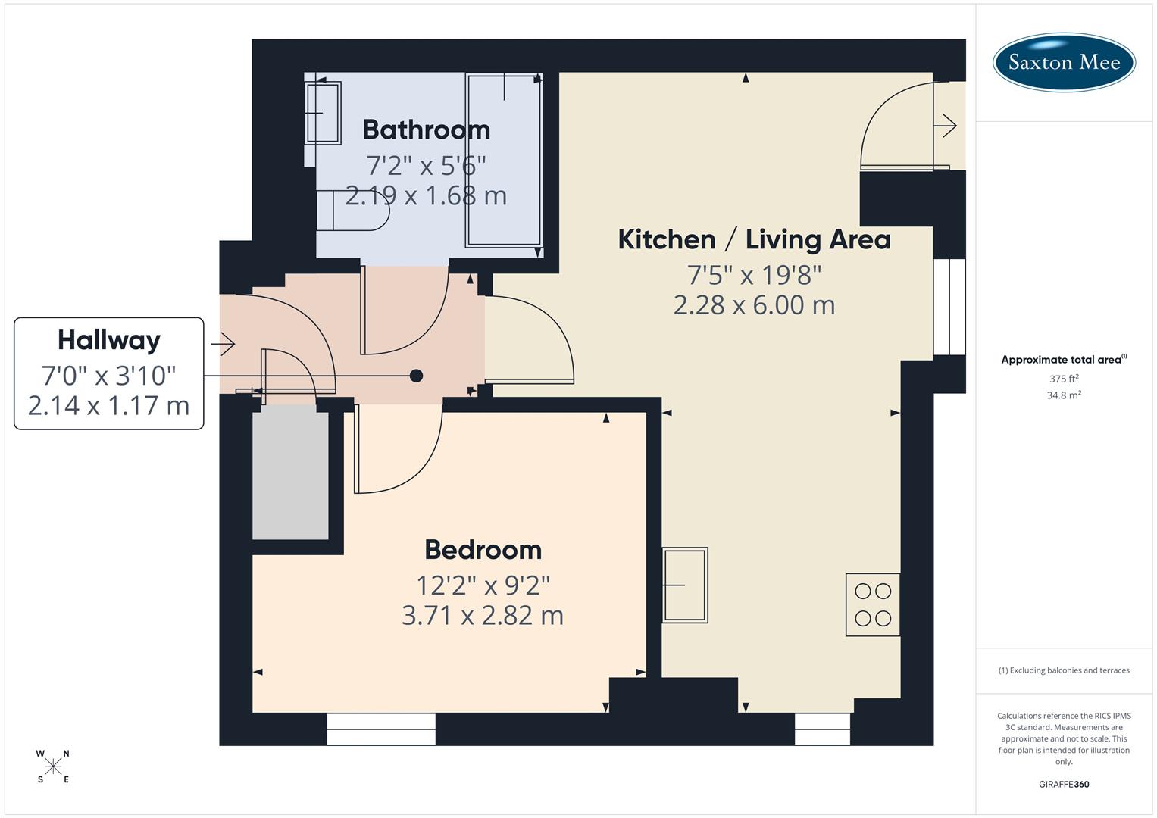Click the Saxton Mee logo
click(1064, 62)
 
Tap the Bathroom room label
click(426, 130)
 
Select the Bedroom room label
click(483, 549)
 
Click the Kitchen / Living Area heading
click(754, 239)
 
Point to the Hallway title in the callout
click(109, 340)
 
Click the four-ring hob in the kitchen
click(873, 604)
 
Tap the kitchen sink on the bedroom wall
click(685, 585)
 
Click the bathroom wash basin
click(324, 113)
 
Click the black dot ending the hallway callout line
click(416, 375)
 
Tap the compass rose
click(53, 766)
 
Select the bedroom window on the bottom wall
click(381, 729)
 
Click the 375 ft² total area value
click(1064, 379)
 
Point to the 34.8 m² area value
click(1064, 395)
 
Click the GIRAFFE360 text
click(1064, 785)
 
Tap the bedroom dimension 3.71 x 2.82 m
click(483, 616)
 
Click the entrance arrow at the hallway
click(224, 345)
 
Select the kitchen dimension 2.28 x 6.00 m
click(754, 305)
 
